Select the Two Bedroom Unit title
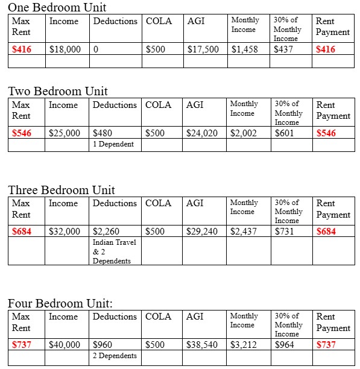click(x=58, y=91)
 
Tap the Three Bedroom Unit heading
click(x=62, y=190)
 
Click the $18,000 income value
click(x=65, y=49)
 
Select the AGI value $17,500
click(x=203, y=49)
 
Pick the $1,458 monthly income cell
click(x=243, y=49)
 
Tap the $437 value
click(x=283, y=49)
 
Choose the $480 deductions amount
click(x=103, y=133)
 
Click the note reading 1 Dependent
click(x=113, y=144)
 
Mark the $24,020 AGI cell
click(x=202, y=133)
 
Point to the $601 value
click(x=284, y=133)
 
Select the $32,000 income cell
click(x=65, y=232)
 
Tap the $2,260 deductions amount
click(x=106, y=232)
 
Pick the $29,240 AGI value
click(x=202, y=232)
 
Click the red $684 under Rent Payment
click(x=326, y=232)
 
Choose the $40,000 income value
click(x=65, y=345)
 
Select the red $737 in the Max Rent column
click(x=22, y=345)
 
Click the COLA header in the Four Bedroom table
click(x=159, y=317)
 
